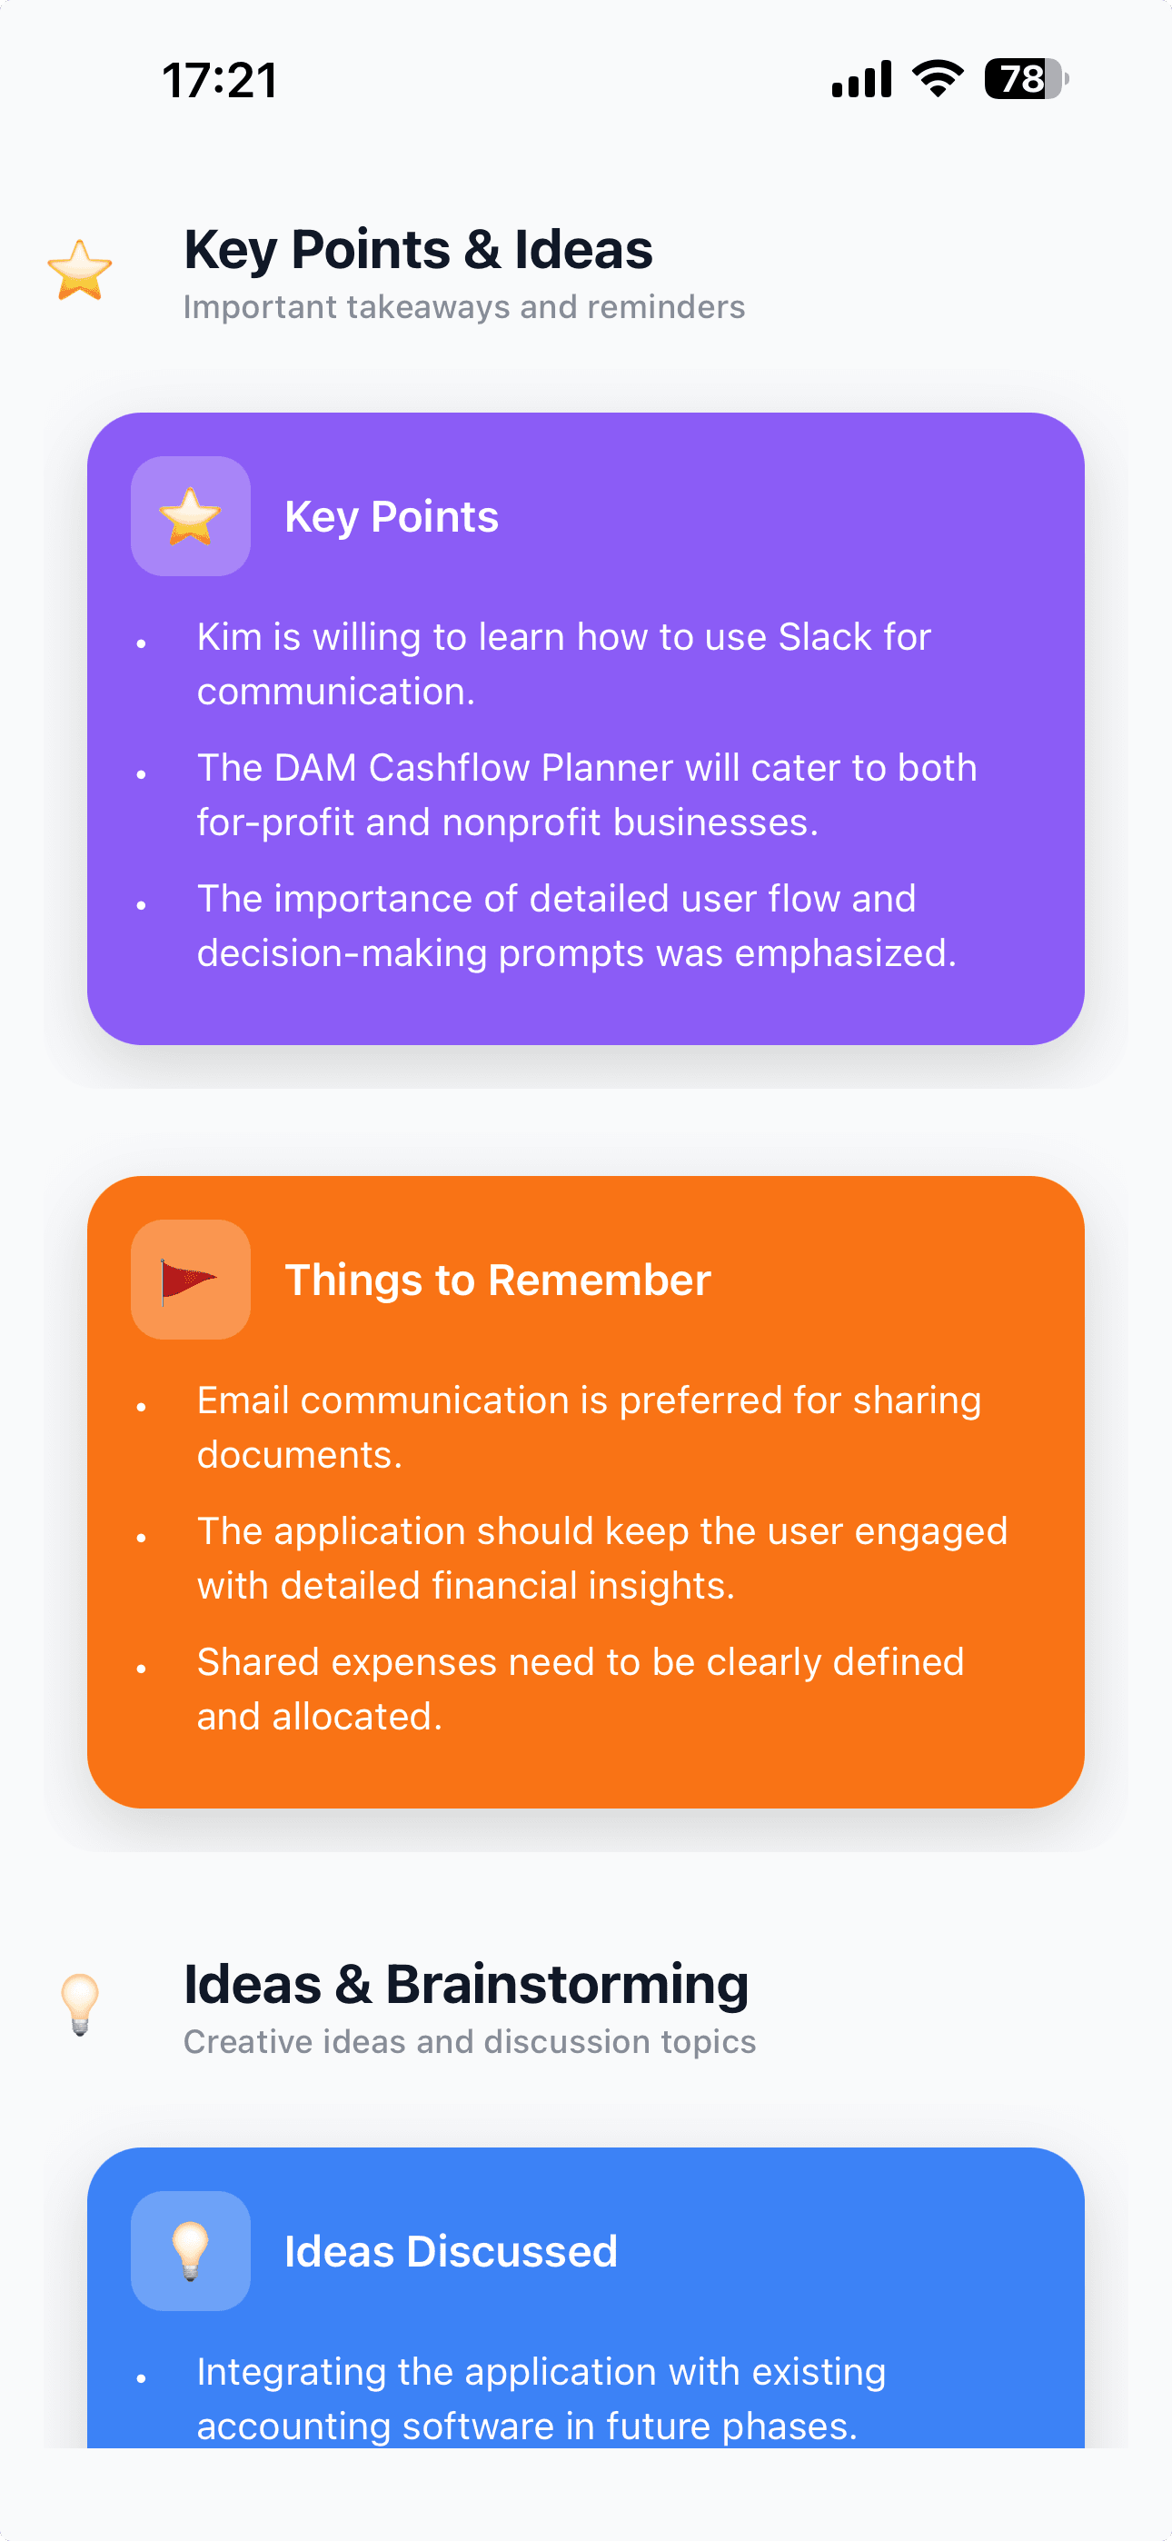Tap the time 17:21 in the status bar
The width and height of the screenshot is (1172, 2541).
pyautogui.click(x=219, y=80)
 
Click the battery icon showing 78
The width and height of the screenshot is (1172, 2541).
pyautogui.click(x=1025, y=79)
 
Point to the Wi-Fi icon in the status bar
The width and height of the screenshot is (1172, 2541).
pyautogui.click(x=938, y=78)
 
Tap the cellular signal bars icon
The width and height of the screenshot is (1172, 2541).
pyautogui.click(x=861, y=79)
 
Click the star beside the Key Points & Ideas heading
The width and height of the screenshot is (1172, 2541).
pyautogui.click(x=80, y=270)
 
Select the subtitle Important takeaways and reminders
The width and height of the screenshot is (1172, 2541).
pyautogui.click(x=463, y=307)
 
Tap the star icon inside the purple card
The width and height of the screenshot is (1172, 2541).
pyautogui.click(x=191, y=516)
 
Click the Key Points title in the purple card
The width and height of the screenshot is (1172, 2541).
pyautogui.click(x=392, y=517)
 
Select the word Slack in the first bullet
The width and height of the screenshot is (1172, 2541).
pyautogui.click(x=825, y=637)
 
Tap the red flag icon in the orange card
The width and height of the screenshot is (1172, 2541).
pyautogui.click(x=191, y=1280)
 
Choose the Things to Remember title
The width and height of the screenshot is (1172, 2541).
pyautogui.click(x=497, y=1280)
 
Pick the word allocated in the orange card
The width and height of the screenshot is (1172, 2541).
pyautogui.click(x=357, y=1717)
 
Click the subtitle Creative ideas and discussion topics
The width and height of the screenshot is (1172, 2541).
pyautogui.click(x=470, y=2042)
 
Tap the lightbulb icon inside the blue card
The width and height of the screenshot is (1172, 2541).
pyautogui.click(x=191, y=2250)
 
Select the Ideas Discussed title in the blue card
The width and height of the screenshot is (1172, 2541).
pyautogui.click(x=451, y=2252)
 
